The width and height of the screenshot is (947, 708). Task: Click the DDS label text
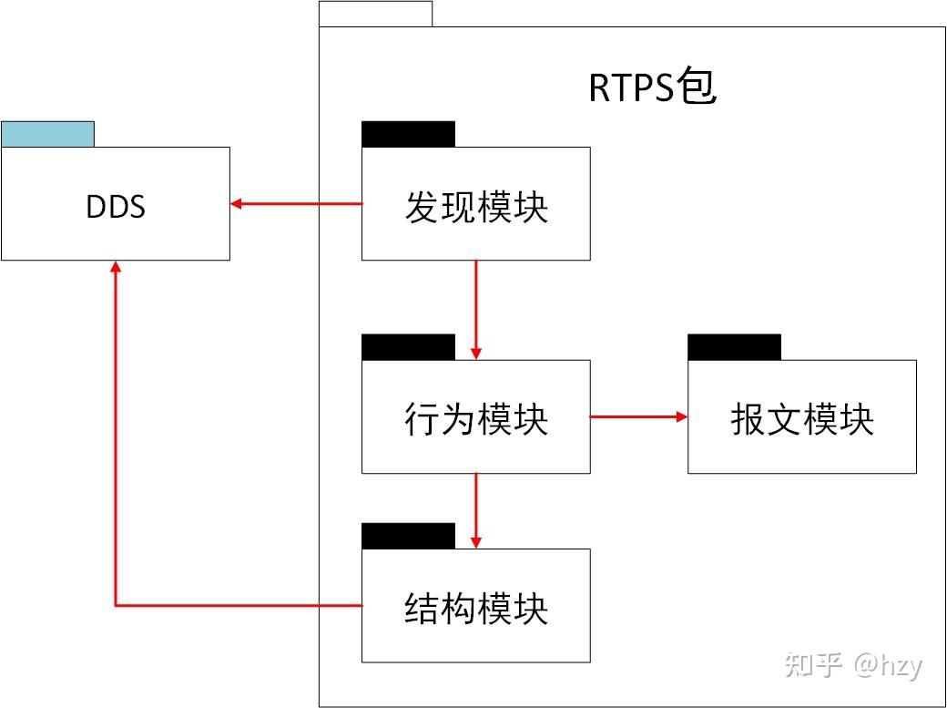(116, 207)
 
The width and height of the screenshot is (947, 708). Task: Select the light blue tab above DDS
(47, 134)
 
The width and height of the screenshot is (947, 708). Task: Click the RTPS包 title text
(652, 88)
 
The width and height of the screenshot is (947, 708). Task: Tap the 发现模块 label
(476, 208)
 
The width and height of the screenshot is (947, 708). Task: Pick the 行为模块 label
(476, 420)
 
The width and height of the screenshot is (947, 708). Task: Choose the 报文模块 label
(801, 420)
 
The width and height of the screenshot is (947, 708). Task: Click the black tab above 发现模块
(408, 134)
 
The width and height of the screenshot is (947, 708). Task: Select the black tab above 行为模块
(408, 347)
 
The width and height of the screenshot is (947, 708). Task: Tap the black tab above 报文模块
(734, 347)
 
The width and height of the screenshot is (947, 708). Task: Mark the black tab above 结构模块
(408, 536)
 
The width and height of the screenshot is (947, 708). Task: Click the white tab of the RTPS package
(375, 15)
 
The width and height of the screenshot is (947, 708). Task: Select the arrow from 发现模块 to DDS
(296, 204)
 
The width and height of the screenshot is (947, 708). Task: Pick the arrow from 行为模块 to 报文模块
(637, 416)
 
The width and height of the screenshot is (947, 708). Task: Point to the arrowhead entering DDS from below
(115, 267)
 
